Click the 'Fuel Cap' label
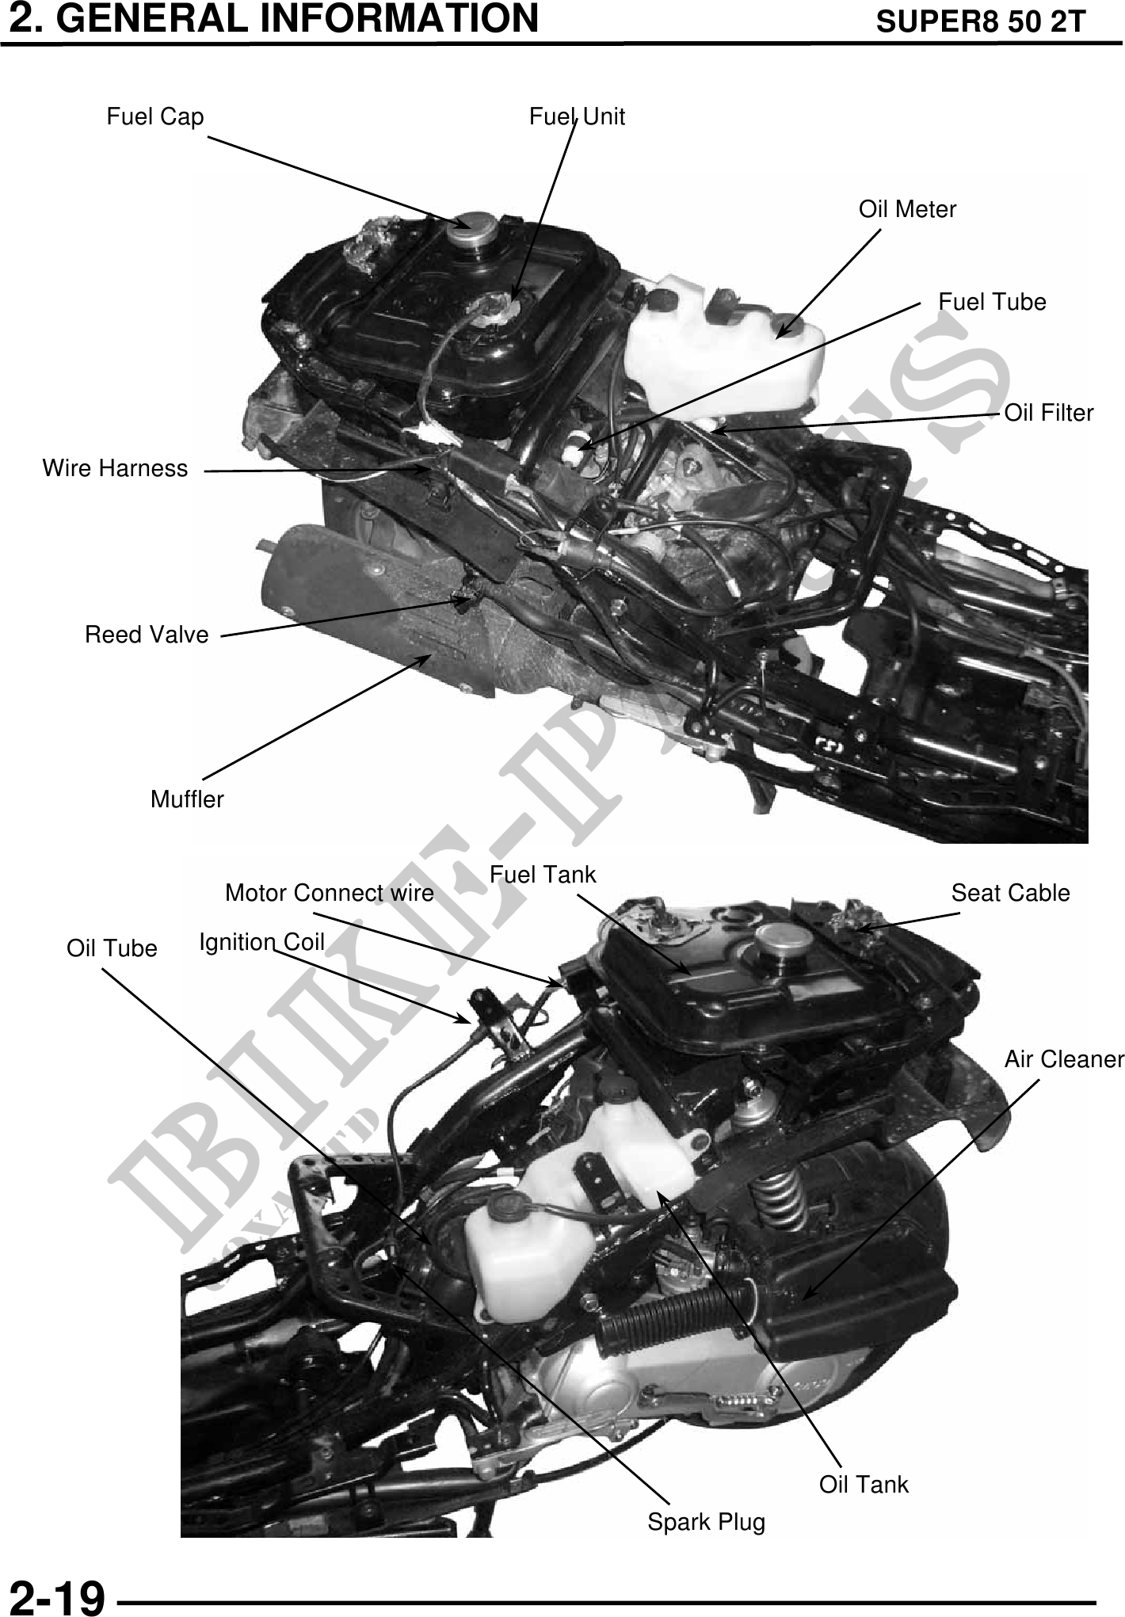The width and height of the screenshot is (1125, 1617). (x=155, y=117)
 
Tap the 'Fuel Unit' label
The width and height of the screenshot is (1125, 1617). (x=577, y=117)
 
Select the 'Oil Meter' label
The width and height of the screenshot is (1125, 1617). (x=907, y=209)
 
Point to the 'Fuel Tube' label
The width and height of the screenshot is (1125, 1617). (x=992, y=302)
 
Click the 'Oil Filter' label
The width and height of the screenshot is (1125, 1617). (x=1049, y=413)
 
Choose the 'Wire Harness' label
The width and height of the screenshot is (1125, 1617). (x=116, y=468)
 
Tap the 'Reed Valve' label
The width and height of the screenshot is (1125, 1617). (x=147, y=635)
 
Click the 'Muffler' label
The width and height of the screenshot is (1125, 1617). (x=187, y=799)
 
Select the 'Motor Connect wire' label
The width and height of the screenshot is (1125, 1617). (x=330, y=893)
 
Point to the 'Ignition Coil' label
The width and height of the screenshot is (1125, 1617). (x=262, y=941)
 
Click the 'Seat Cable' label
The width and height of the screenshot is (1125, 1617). (x=1010, y=893)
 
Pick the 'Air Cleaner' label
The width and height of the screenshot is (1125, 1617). (x=1064, y=1059)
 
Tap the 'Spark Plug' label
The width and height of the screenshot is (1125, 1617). (x=707, y=1522)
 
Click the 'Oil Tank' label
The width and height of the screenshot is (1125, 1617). (x=864, y=1484)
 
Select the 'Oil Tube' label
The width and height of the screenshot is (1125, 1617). (x=112, y=948)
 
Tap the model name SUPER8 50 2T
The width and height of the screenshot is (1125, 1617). (x=980, y=22)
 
